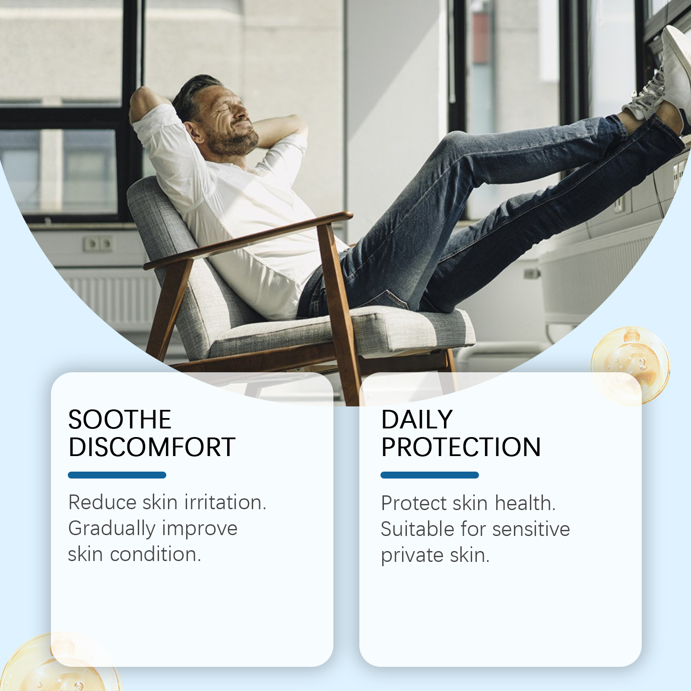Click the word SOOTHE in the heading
click(120, 419)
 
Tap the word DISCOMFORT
click(152, 447)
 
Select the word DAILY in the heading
click(417, 419)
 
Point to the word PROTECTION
click(461, 447)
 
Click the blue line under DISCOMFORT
click(117, 475)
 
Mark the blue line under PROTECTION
click(430, 475)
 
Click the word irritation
click(225, 502)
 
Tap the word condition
click(155, 555)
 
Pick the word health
click(525, 503)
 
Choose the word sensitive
click(531, 529)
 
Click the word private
click(413, 556)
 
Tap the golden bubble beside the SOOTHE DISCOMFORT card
click(60, 663)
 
